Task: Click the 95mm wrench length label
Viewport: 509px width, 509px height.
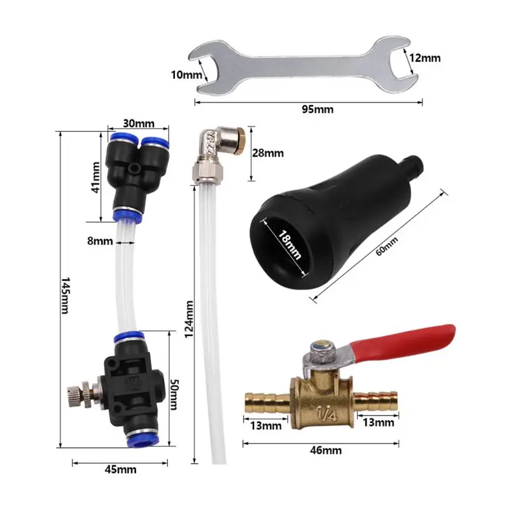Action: pos(317,109)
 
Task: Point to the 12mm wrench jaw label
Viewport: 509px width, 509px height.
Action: pos(424,58)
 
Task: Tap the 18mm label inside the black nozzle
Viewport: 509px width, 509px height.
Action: pos(290,245)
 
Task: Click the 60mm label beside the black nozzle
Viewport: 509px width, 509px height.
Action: pos(387,246)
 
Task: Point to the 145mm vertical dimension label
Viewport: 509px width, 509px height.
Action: pos(66,295)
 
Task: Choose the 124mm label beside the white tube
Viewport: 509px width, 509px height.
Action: pos(189,319)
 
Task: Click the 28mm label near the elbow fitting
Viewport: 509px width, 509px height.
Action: pos(268,153)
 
